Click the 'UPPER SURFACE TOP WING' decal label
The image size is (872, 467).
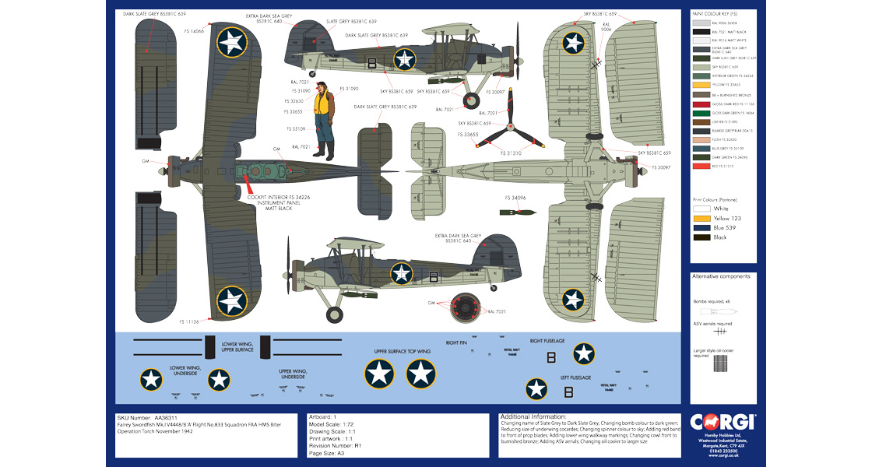(402, 351)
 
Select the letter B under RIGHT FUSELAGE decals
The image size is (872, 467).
(551, 358)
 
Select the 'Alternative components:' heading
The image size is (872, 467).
(722, 276)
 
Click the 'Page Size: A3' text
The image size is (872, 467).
(326, 452)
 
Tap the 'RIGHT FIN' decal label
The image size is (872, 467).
(456, 342)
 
